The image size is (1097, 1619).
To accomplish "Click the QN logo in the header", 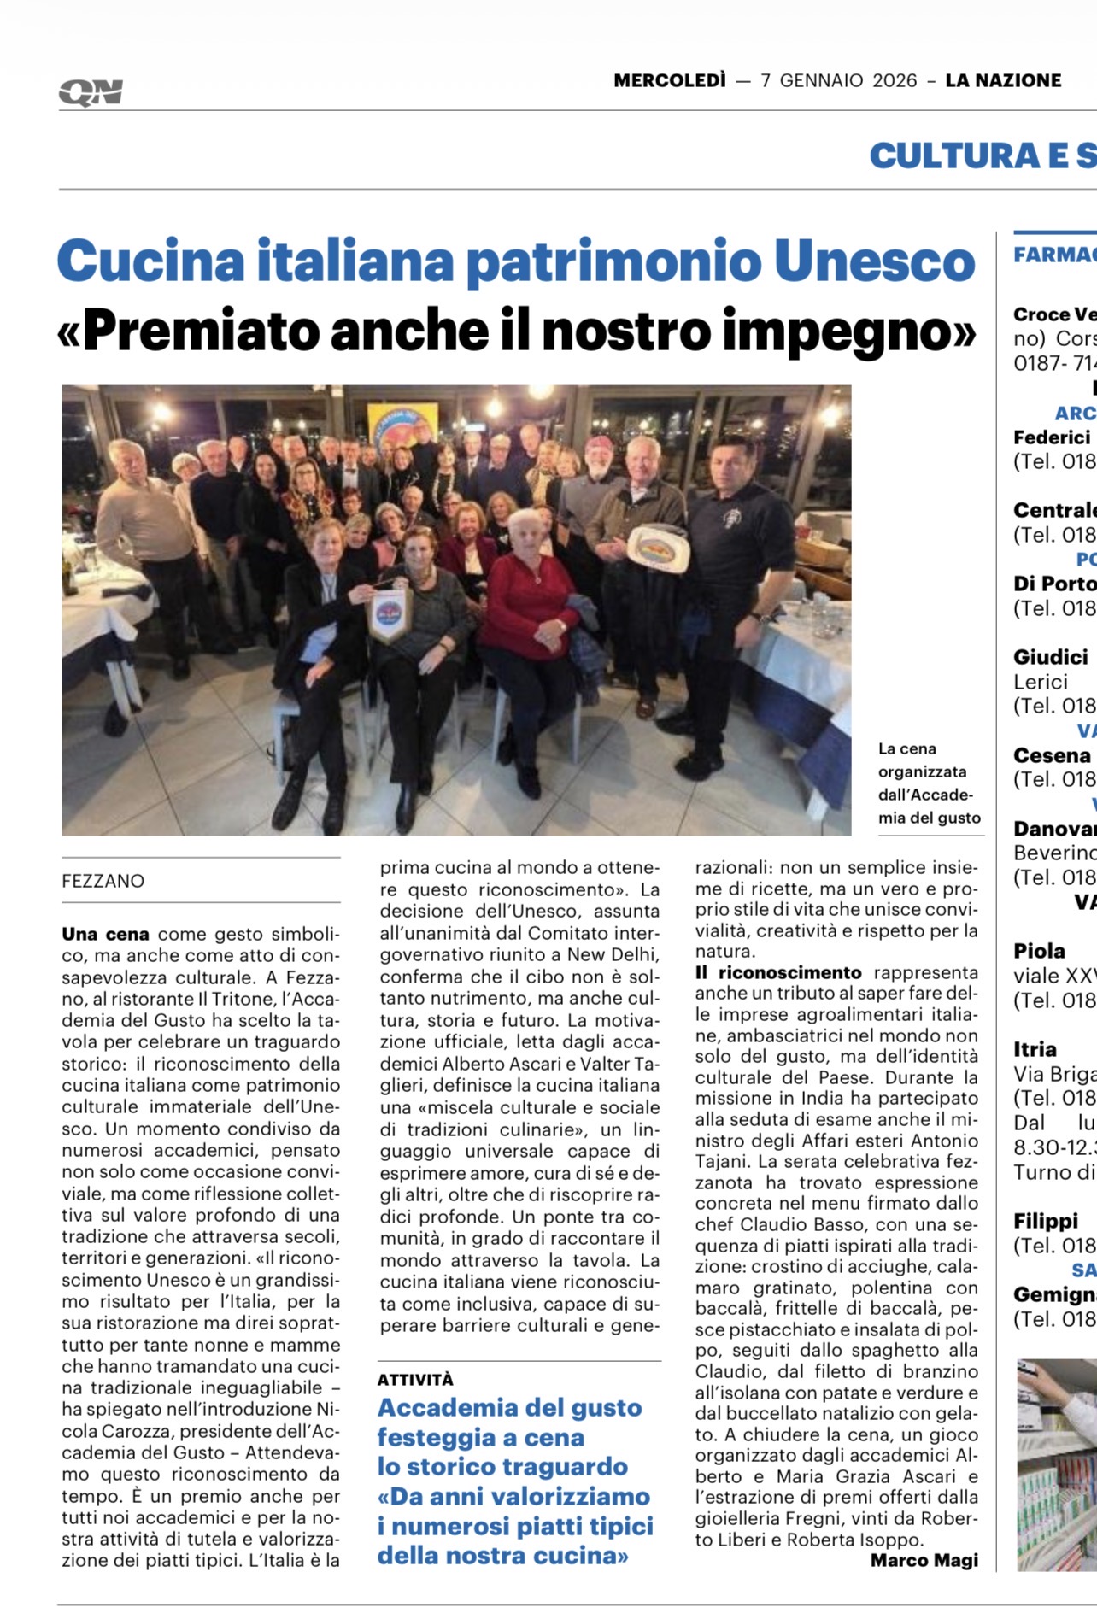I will click(x=91, y=92).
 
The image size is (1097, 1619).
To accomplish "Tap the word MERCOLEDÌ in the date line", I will click(x=669, y=81).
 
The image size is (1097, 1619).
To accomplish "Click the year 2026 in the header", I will click(x=895, y=81).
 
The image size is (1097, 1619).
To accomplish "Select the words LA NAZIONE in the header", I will click(x=1003, y=81).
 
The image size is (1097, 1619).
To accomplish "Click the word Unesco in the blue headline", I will click(x=874, y=261).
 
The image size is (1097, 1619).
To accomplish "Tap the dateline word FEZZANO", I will click(x=103, y=881).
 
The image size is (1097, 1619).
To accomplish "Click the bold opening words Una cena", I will click(x=105, y=934).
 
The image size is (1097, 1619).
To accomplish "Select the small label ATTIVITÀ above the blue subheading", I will click(x=415, y=1380).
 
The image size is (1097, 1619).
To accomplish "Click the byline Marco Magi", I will click(x=924, y=1561).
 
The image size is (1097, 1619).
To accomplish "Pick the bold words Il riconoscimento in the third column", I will click(x=778, y=972).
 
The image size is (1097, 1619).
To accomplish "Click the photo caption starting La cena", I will click(x=929, y=783).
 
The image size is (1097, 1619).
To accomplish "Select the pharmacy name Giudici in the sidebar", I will click(x=1050, y=657).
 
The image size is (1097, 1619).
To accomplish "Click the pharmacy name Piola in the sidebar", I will click(x=1039, y=951).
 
